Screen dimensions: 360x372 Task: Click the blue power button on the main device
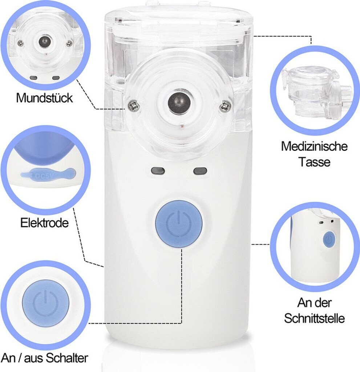click(x=179, y=224)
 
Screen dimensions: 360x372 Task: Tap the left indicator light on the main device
click(x=158, y=171)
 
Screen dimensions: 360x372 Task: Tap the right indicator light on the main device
click(x=200, y=171)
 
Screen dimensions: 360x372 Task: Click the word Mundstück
click(x=44, y=98)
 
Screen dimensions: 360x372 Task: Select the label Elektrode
click(x=44, y=223)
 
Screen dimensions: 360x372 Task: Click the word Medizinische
click(x=314, y=146)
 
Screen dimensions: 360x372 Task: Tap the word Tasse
click(x=314, y=162)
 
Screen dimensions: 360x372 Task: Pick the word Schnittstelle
click(x=314, y=318)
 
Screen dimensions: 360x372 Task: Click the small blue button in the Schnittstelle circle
click(x=329, y=239)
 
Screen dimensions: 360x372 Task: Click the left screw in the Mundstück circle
click(x=21, y=43)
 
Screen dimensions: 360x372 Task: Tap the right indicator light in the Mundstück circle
click(x=56, y=78)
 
